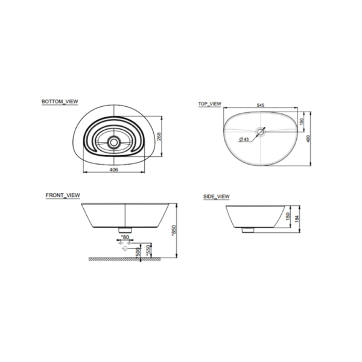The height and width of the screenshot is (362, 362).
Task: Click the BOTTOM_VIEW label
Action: click(60, 102)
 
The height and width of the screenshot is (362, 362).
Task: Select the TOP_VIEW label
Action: click(210, 104)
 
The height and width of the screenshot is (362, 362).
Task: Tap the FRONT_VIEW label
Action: click(63, 196)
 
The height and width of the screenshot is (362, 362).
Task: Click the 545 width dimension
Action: click(261, 106)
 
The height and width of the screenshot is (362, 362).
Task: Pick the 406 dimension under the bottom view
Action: click(113, 170)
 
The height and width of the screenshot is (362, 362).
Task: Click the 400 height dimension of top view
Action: click(308, 139)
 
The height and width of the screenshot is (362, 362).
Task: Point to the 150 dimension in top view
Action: click(300, 121)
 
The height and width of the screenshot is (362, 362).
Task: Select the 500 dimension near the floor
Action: click(139, 252)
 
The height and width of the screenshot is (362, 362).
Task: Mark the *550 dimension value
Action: click(148, 250)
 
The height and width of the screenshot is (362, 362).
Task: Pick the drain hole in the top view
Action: click(261, 131)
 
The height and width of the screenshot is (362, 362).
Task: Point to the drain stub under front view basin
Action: click(125, 230)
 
